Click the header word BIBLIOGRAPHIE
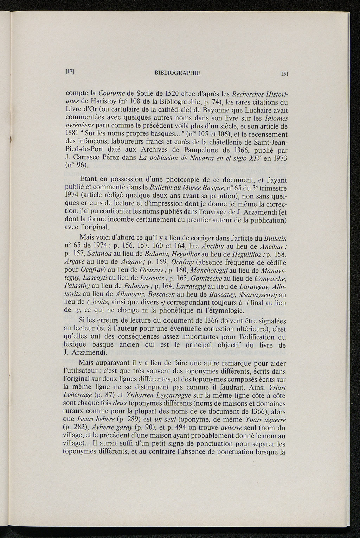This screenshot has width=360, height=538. point(177,73)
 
